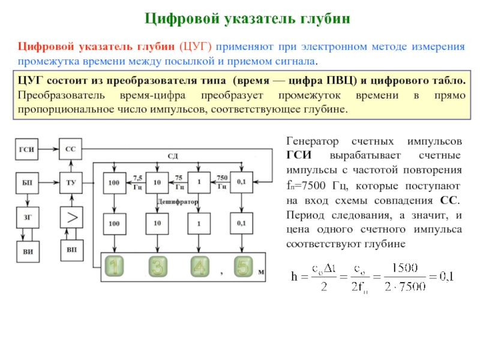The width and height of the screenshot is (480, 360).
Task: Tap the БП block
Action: (x=27, y=182)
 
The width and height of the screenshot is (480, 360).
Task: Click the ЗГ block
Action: (x=27, y=218)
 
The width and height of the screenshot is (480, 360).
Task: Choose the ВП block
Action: (x=70, y=249)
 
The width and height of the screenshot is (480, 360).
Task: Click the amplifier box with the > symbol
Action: (x=70, y=218)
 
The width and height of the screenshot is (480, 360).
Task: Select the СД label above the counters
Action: (x=172, y=156)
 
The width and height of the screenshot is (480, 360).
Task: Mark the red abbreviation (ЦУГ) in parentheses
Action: (x=196, y=47)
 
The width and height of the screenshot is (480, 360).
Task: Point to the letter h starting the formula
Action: (x=295, y=277)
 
